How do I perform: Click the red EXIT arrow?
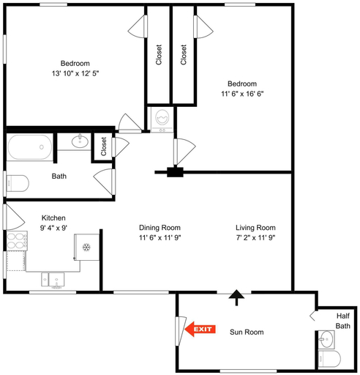[x=200, y=329]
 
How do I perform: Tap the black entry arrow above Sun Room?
[x=236, y=297]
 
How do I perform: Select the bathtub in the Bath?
[x=30, y=147]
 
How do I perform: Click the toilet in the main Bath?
[x=17, y=183]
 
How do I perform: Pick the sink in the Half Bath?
[x=326, y=339]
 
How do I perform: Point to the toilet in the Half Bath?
[x=329, y=359]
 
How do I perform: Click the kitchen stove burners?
[x=17, y=241]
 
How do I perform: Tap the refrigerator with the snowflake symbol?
[x=86, y=247]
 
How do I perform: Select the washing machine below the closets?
[x=162, y=119]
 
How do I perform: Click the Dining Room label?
[x=160, y=228]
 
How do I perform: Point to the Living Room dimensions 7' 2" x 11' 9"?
[x=255, y=237]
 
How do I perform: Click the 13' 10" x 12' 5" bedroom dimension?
[x=75, y=73]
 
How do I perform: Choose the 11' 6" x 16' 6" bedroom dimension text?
[x=242, y=94]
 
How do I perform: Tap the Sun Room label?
[x=247, y=332]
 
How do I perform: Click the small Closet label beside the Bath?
[x=104, y=146]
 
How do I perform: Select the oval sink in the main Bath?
[x=80, y=141]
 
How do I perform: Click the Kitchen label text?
[x=53, y=218]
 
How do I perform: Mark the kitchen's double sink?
[x=53, y=280]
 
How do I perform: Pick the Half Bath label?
[x=343, y=321]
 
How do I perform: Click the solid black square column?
[x=175, y=172]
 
